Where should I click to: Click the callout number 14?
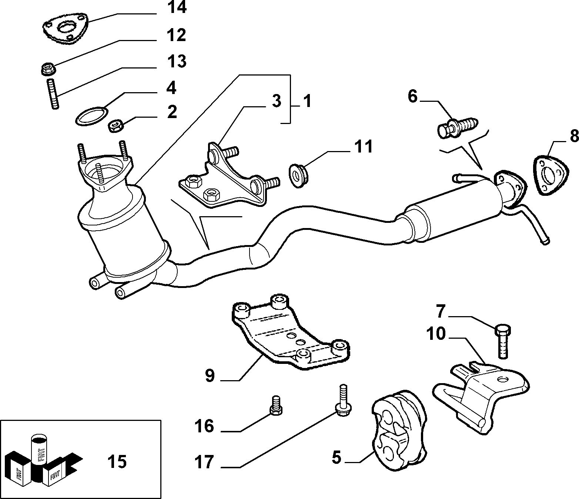[x=177, y=8]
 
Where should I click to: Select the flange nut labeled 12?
[x=48, y=70]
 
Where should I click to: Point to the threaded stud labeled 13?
[x=54, y=94]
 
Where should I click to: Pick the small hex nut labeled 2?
[x=116, y=126]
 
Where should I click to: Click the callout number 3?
[x=277, y=101]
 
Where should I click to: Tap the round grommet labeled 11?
[x=299, y=176]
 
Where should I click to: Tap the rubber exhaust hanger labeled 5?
[x=400, y=430]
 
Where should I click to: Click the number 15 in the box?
[x=117, y=462]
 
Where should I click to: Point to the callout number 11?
[x=363, y=146]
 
